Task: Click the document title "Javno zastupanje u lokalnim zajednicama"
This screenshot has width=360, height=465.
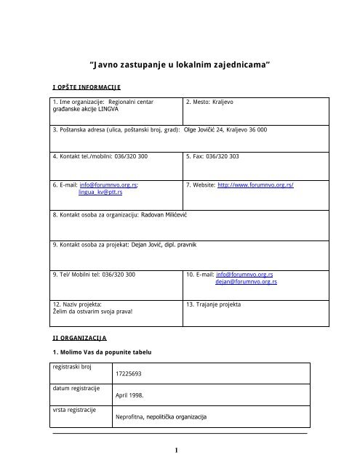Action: [x=180, y=65]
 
